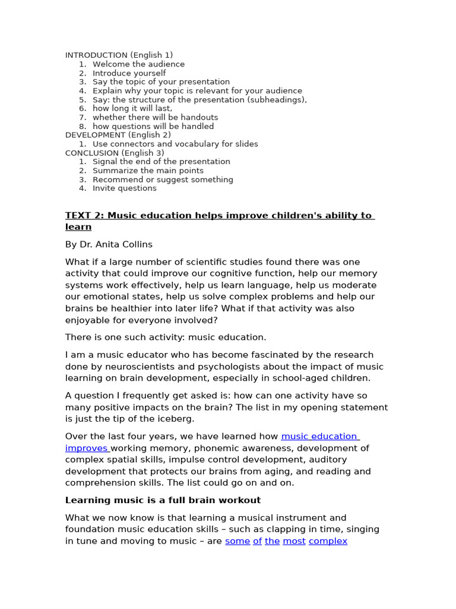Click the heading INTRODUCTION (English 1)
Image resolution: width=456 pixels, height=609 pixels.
click(119, 55)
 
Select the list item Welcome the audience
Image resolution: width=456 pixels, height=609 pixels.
click(138, 64)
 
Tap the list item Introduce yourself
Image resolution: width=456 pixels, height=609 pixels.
click(129, 73)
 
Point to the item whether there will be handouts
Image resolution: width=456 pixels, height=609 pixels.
click(155, 117)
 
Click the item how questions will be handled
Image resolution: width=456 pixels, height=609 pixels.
click(153, 126)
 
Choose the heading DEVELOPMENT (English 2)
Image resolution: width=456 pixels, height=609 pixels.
click(118, 135)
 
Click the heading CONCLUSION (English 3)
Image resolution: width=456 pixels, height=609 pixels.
click(115, 153)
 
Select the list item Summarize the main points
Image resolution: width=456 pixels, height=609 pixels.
click(148, 171)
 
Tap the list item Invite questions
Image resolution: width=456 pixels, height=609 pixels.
click(125, 189)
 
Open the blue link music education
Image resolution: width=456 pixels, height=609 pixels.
click(319, 437)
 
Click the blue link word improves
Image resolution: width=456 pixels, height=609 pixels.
click(87, 448)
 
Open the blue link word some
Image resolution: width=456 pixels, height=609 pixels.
click(237, 541)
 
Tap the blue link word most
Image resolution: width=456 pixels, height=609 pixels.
click(294, 541)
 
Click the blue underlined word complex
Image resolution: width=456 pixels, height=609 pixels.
click(328, 541)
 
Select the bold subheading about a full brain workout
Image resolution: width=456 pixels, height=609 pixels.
click(163, 500)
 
